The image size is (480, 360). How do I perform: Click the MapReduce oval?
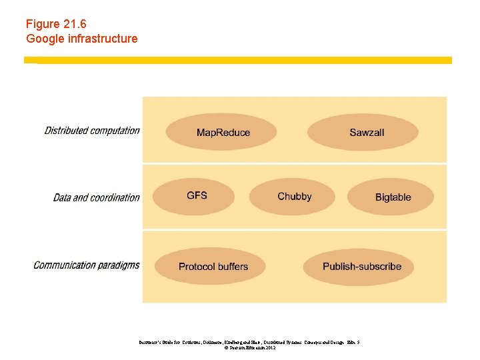point(221,132)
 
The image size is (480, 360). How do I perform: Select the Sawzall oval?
point(363,132)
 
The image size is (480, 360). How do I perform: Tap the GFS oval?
point(197,196)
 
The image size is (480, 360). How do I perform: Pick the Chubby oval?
point(293,196)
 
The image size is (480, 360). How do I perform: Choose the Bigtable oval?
point(391,197)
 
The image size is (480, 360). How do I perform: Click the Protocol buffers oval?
point(213,267)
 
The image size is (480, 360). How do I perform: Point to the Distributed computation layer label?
point(92,131)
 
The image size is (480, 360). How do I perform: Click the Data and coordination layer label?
point(97,197)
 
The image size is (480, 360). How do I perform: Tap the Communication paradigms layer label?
point(87,265)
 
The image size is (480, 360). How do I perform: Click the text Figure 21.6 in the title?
point(57,24)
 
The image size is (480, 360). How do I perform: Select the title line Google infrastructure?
point(82,39)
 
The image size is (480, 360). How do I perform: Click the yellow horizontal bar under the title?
point(238,60)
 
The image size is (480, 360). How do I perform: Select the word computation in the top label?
point(115,131)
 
